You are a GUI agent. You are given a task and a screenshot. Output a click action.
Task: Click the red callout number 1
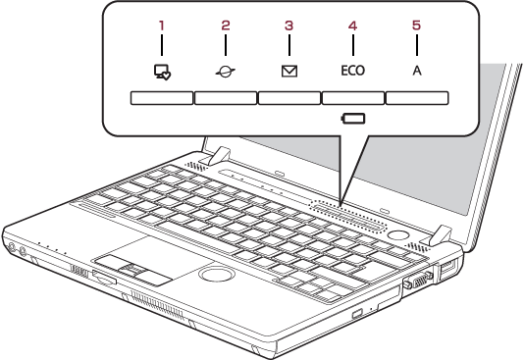pyautogui.click(x=162, y=26)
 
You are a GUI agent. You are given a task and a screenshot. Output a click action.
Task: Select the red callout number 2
pyautogui.click(x=226, y=26)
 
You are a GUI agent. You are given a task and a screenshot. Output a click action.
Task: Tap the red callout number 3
pyautogui.click(x=289, y=26)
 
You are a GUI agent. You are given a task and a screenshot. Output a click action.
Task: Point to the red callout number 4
pyautogui.click(x=353, y=26)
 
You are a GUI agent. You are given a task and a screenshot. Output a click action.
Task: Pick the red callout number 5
pyautogui.click(x=416, y=26)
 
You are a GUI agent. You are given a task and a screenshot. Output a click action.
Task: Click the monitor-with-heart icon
pyautogui.click(x=162, y=72)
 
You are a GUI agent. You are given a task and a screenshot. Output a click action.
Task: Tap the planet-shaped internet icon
pyautogui.click(x=226, y=72)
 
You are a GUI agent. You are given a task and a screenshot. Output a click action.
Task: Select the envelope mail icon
pyautogui.click(x=289, y=72)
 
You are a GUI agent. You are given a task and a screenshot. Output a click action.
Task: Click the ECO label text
pyautogui.click(x=353, y=71)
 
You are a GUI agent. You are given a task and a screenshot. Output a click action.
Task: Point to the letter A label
pyautogui.click(x=417, y=71)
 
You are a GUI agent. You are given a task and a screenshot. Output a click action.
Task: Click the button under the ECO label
pyautogui.click(x=353, y=98)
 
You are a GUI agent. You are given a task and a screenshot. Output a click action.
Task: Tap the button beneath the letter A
pyautogui.click(x=417, y=98)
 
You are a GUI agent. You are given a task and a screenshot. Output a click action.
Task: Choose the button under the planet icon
pyautogui.click(x=226, y=98)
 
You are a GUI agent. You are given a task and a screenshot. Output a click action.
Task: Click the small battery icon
pyautogui.click(x=353, y=119)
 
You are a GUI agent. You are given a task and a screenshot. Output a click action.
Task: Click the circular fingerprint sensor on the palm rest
pyautogui.click(x=217, y=275)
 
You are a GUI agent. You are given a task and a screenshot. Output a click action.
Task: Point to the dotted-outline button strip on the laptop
pyautogui.click(x=347, y=216)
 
